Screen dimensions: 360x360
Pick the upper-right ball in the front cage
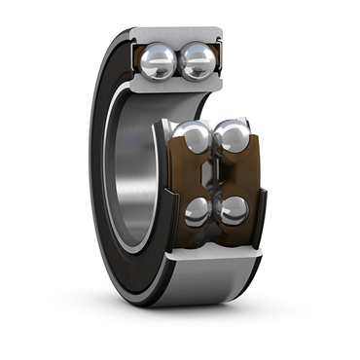pyautogui.click(x=232, y=138)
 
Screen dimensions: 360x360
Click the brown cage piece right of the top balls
pyautogui.click(x=221, y=63)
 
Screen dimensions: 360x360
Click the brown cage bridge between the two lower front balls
pyautogui.click(x=215, y=211)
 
